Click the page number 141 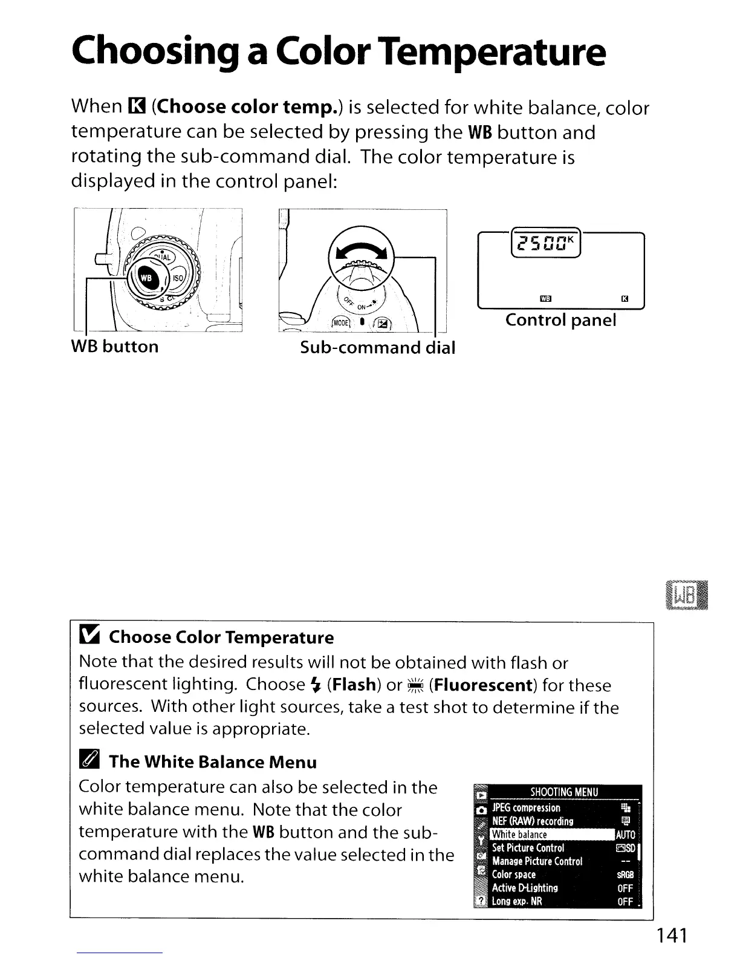(x=672, y=936)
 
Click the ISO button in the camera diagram (x=178, y=279)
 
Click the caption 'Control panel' (x=560, y=320)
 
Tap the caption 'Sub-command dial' (x=377, y=347)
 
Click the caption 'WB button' (x=115, y=347)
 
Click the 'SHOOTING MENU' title (x=563, y=792)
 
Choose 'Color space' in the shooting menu (x=514, y=875)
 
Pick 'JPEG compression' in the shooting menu (x=526, y=808)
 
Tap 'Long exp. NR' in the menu (x=517, y=901)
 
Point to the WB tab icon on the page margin (x=685, y=596)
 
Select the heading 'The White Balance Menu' (x=213, y=762)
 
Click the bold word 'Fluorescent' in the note (x=481, y=685)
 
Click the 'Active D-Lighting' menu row (x=525, y=888)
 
